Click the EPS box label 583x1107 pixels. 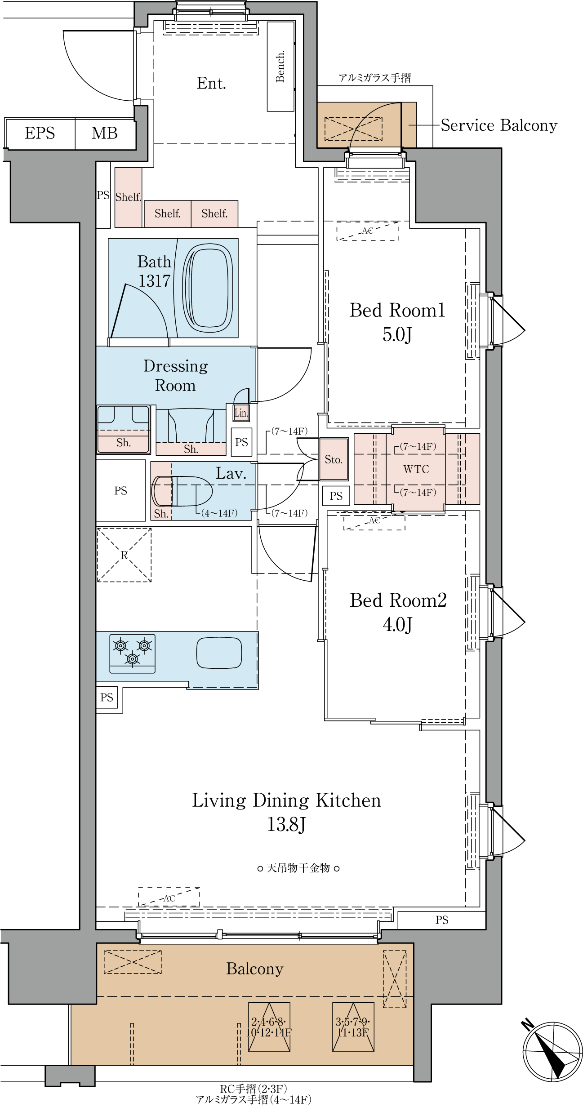pos(40,133)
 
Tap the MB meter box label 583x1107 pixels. pos(105,133)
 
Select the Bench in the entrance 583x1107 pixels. pos(280,67)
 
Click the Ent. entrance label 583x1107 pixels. pos(211,83)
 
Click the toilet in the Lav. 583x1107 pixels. pos(182,491)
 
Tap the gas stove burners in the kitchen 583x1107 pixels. pos(132,654)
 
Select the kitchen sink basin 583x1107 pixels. pos(219,653)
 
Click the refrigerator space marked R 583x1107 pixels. pos(124,555)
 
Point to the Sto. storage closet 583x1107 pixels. pos(334,459)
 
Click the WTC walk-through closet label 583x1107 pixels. pos(416,469)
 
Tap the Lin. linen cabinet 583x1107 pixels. pos(241,412)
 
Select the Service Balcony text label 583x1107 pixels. pos(499,125)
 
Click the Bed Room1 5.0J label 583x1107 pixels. pos(397,322)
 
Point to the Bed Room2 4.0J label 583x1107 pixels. pos(398,612)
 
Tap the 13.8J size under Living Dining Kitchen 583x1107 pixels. pos(286,824)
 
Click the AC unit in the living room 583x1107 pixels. pos(169,897)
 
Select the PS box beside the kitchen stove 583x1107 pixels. pos(107,697)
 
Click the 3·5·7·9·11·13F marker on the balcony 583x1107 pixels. pos(353,1027)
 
